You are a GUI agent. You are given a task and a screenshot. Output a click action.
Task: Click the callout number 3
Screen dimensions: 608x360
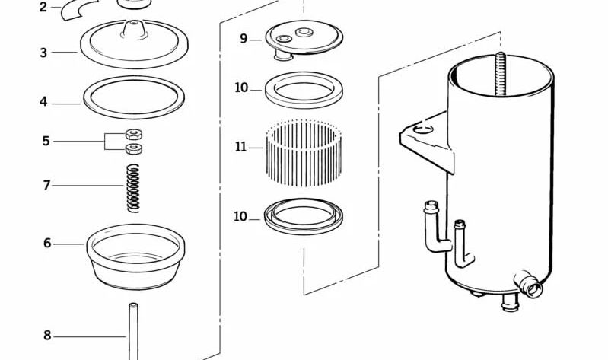tap(43, 53)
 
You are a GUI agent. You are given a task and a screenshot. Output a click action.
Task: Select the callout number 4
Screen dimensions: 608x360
tap(43, 102)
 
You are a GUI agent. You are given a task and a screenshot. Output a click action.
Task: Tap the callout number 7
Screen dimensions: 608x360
tap(46, 186)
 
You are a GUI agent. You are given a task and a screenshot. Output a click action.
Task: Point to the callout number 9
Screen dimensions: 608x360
tap(244, 39)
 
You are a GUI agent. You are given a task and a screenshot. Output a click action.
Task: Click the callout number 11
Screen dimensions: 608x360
tap(240, 147)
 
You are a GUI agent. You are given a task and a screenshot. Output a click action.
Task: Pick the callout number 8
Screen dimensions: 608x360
tap(47, 336)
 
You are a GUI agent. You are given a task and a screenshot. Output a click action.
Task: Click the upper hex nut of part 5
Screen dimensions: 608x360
tap(134, 135)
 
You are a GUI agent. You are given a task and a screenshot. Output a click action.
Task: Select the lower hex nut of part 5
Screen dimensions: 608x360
tap(134, 148)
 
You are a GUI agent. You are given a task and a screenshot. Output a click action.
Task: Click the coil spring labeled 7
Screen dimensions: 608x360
tap(133, 188)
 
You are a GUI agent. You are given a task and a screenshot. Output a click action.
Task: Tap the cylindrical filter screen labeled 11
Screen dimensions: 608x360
tap(304, 152)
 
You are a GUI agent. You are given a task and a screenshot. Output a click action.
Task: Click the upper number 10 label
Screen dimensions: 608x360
tap(241, 88)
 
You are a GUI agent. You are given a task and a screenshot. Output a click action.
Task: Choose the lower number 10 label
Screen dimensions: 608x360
tap(240, 216)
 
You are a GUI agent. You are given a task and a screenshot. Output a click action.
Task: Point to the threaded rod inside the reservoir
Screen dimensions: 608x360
tap(500, 74)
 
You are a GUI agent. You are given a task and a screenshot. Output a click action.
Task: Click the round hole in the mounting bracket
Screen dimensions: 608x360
tap(423, 129)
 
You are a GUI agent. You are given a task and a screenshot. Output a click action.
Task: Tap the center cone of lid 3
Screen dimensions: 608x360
tap(134, 30)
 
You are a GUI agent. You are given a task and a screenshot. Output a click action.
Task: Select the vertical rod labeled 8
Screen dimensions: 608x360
tap(133, 332)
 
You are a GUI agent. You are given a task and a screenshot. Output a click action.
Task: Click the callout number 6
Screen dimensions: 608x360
tap(47, 244)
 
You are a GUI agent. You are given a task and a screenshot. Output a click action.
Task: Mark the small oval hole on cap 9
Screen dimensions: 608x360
tap(284, 38)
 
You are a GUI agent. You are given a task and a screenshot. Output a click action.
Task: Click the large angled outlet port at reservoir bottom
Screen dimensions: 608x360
tap(529, 285)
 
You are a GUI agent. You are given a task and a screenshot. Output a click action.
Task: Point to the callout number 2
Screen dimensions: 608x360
tap(43, 7)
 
